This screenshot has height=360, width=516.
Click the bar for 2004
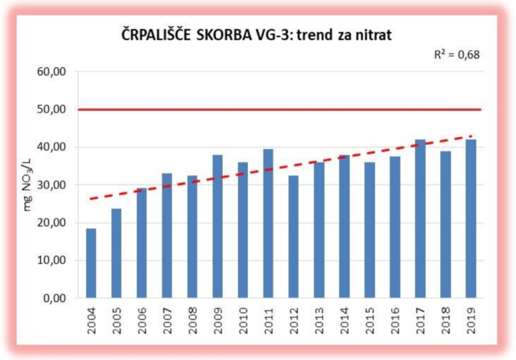91,263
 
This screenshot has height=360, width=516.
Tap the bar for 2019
471,219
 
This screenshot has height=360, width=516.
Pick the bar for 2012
294,236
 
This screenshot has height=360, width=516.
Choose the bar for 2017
420,219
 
